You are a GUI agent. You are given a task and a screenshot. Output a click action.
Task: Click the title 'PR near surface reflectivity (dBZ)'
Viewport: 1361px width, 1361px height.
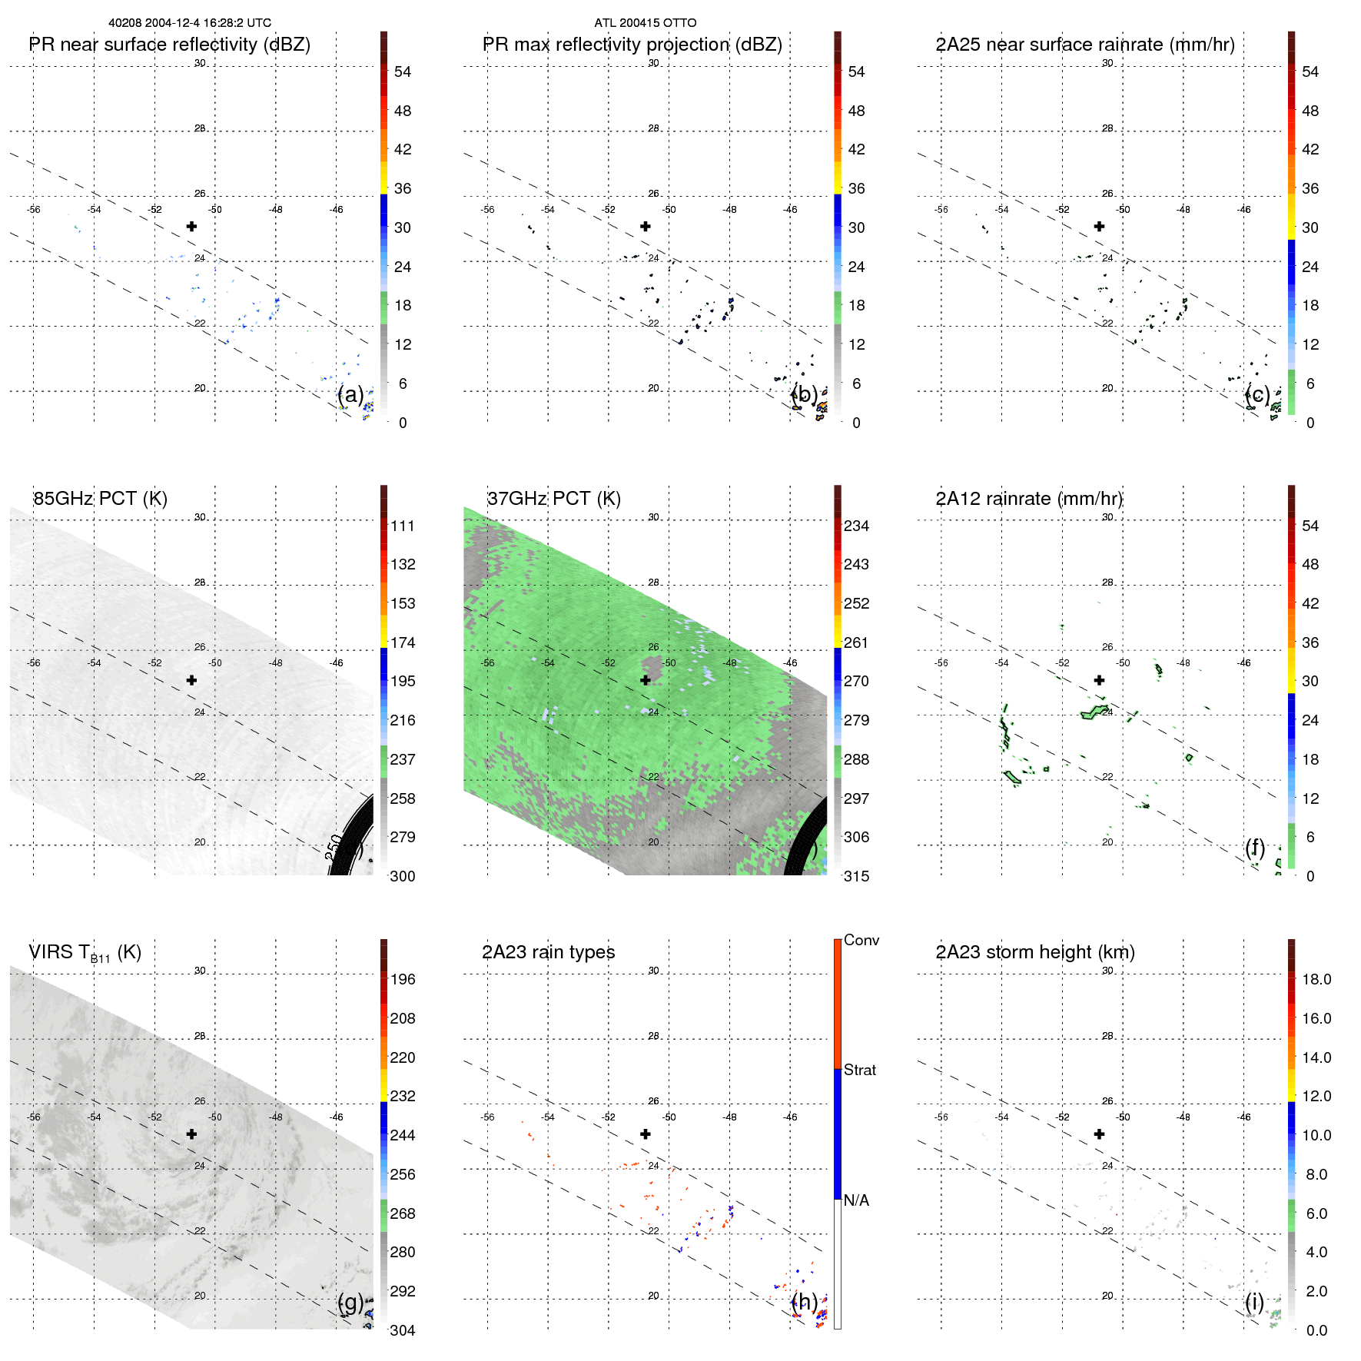[169, 45]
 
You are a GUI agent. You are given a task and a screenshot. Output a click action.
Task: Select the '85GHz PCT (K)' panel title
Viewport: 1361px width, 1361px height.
[100, 498]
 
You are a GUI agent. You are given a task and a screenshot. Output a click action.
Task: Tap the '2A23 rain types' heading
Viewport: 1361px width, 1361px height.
[548, 952]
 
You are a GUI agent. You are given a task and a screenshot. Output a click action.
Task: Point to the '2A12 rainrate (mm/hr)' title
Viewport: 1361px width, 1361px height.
[1028, 498]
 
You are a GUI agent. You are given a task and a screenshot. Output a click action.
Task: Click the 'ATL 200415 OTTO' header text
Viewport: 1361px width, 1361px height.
[645, 23]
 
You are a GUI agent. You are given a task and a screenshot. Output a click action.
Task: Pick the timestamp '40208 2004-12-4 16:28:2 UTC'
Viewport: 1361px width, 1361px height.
[190, 23]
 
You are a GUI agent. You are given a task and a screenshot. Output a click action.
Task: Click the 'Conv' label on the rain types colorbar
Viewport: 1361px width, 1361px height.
[861, 940]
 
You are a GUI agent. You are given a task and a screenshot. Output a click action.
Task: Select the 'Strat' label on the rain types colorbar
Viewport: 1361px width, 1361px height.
[859, 1070]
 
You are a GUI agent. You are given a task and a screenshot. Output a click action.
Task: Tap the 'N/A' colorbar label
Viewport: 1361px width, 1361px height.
[856, 1200]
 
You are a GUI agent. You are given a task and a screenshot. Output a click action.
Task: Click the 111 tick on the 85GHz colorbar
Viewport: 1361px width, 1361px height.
[402, 526]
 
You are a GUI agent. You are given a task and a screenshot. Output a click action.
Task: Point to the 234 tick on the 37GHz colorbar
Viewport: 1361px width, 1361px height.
[856, 526]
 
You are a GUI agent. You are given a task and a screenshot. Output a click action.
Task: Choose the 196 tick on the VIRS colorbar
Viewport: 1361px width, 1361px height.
[402, 979]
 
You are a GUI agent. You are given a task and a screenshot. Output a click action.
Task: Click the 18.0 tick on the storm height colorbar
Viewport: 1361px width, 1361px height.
[1316, 979]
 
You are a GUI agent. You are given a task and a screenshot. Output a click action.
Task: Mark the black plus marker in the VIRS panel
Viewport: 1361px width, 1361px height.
[191, 1134]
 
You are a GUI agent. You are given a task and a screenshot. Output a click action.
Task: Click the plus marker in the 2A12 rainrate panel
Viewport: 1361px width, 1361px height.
[1099, 680]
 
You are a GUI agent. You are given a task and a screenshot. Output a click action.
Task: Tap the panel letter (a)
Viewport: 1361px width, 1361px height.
[350, 394]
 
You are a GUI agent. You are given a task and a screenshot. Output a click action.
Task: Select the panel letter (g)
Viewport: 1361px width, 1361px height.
[350, 1302]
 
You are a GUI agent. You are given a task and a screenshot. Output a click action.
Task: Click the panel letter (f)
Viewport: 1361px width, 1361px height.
[1254, 848]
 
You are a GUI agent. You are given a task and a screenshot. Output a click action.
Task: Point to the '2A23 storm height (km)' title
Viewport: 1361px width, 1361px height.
[1034, 952]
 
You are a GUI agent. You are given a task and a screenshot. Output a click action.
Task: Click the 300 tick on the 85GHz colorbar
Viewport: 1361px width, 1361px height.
[402, 876]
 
